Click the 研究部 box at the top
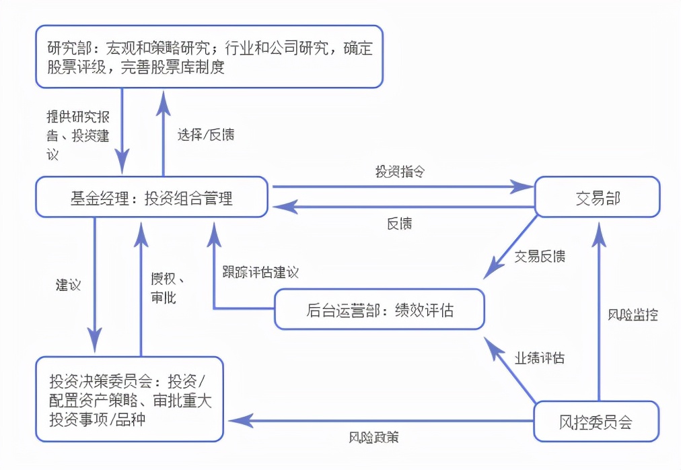(x=209, y=57)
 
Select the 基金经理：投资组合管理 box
(x=151, y=198)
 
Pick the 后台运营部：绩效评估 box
(x=380, y=310)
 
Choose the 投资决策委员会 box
(x=130, y=400)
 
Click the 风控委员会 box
(x=596, y=422)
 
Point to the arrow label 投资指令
(x=400, y=171)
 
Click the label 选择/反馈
(x=206, y=134)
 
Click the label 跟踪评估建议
(x=260, y=273)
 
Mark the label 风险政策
(x=374, y=438)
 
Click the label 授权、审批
(x=167, y=288)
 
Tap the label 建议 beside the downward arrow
(x=68, y=284)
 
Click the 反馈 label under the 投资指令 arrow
(x=400, y=224)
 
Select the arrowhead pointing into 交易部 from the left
(x=524, y=187)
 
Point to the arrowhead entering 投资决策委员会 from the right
(x=234, y=421)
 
